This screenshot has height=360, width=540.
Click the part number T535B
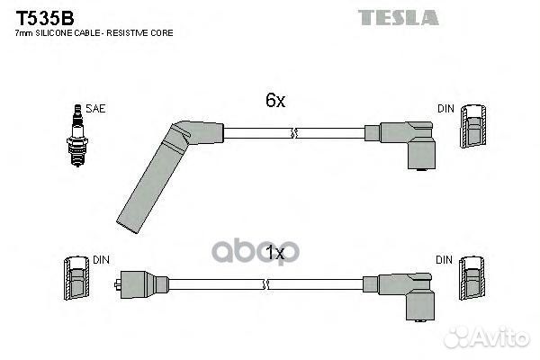(x=45, y=18)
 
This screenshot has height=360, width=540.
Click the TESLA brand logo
(x=399, y=18)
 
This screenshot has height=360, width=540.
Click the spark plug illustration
(x=77, y=135)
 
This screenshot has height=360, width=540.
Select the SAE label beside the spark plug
(x=95, y=109)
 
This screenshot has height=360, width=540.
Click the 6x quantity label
(x=275, y=100)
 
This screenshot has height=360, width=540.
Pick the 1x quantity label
(x=275, y=253)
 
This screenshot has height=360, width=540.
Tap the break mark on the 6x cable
(x=293, y=133)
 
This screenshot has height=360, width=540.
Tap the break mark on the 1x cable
(x=265, y=284)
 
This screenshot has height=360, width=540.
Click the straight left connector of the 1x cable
(x=141, y=284)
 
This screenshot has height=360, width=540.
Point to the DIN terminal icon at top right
(x=473, y=126)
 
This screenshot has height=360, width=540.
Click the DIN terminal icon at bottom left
(x=76, y=278)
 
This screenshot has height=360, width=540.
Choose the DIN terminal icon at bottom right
(x=472, y=278)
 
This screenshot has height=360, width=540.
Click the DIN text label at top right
(x=446, y=109)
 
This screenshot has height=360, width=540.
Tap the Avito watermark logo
(x=487, y=337)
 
